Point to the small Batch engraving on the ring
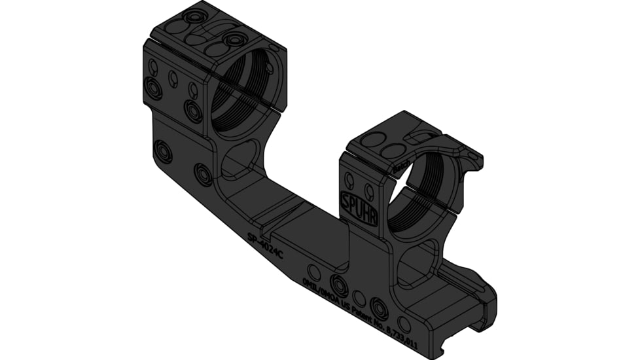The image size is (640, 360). pos(401,170)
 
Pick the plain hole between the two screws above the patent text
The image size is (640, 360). pos(359,298)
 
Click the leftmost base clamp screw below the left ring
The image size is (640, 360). pos(162,151)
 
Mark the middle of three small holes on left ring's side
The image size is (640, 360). pos(173,79)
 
